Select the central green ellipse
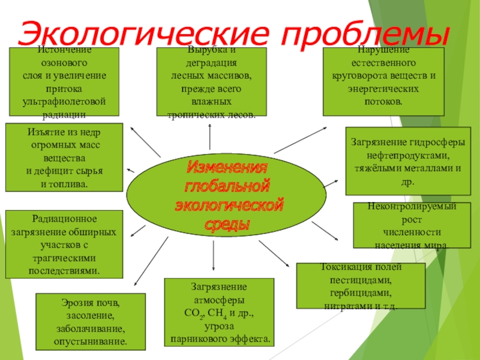tap(227, 192)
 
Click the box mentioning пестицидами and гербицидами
tap(361, 287)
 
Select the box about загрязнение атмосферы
tap(220, 313)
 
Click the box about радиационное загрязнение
tap(64, 244)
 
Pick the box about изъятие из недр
tap(64, 156)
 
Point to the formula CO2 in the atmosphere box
tap(194, 313)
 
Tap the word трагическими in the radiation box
tap(64, 258)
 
